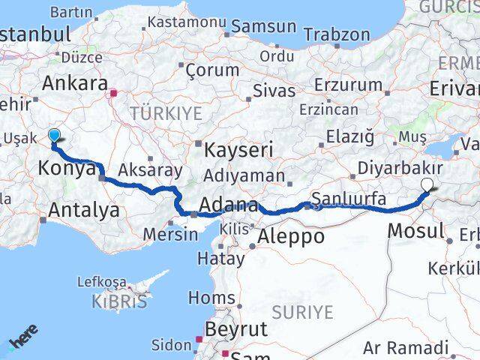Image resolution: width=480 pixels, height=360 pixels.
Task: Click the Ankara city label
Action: (x=75, y=83)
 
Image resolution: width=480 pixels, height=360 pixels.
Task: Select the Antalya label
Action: (x=83, y=211)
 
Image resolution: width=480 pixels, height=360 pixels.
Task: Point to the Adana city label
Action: (x=229, y=205)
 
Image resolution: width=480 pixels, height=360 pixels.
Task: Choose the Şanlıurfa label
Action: (x=349, y=199)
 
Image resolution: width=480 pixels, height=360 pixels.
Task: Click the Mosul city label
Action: (x=416, y=230)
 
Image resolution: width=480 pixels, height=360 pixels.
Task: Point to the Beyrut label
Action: (x=236, y=328)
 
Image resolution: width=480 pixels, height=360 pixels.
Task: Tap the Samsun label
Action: (x=263, y=26)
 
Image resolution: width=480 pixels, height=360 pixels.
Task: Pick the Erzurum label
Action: (x=349, y=85)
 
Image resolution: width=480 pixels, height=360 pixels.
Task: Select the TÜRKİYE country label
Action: (x=166, y=113)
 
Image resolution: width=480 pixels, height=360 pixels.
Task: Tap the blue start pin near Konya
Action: (x=55, y=135)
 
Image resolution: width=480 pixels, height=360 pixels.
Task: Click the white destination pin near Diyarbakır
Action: (x=427, y=184)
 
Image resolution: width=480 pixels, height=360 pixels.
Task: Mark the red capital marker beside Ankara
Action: (x=113, y=94)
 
